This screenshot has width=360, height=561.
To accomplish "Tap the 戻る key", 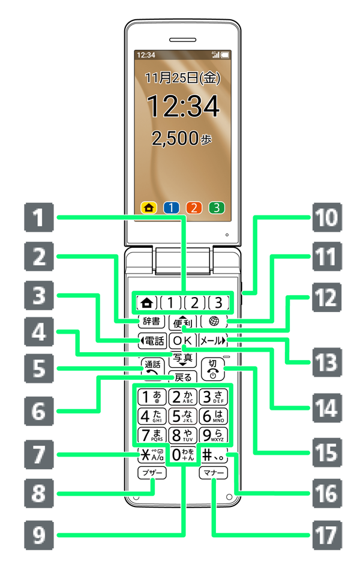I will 183,377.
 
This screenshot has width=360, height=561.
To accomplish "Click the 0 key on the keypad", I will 182,454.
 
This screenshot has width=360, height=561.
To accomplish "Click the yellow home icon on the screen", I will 149,208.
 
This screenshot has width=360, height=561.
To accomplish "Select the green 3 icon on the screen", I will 217,208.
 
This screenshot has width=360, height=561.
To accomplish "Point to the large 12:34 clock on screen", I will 182,107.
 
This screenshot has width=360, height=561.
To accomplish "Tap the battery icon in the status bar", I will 226,55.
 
